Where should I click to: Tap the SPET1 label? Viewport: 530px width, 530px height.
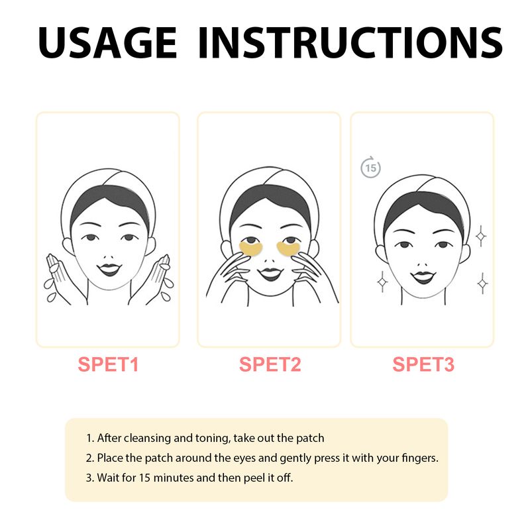click(x=108, y=364)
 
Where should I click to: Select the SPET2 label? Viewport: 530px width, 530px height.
click(x=270, y=364)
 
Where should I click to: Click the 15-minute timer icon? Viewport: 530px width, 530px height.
click(x=370, y=168)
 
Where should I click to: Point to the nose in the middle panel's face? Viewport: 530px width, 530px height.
click(x=270, y=259)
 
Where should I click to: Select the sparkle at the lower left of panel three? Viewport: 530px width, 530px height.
click(x=382, y=282)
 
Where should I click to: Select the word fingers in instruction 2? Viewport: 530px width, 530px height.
click(x=418, y=458)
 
